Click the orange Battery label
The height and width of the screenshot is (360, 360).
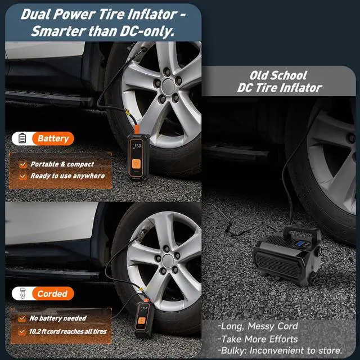click(53, 138)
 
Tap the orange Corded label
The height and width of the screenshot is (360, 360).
click(52, 294)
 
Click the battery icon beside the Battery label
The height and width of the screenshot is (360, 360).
click(22, 138)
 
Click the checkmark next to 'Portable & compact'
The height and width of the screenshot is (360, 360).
click(22, 164)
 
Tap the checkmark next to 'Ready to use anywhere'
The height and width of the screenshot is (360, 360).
click(22, 176)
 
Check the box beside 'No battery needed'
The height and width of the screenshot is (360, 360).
click(22, 319)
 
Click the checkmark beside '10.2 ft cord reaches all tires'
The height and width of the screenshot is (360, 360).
click(22, 331)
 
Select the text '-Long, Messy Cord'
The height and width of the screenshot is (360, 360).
click(258, 326)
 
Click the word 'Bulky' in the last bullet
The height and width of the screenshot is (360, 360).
click(232, 350)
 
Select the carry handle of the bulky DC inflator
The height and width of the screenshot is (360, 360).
click(300, 231)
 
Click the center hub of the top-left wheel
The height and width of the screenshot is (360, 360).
click(168, 85)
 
